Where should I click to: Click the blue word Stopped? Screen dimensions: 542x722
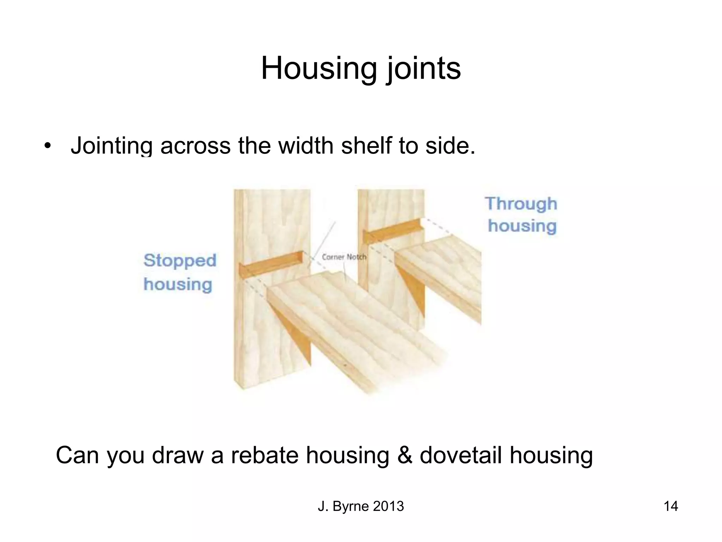pyautogui.click(x=180, y=261)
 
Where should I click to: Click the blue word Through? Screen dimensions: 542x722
pyautogui.click(x=521, y=204)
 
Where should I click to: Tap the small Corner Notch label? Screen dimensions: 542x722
pyautogui.click(x=344, y=257)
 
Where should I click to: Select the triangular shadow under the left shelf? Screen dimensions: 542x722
pyautogui.click(x=296, y=332)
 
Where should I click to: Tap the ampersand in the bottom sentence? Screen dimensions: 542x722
pyautogui.click(x=404, y=455)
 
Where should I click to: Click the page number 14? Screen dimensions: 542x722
pyautogui.click(x=671, y=506)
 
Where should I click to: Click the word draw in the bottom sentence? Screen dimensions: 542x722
pyautogui.click(x=178, y=455)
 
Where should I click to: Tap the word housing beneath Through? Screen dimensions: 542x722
pyautogui.click(x=522, y=226)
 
